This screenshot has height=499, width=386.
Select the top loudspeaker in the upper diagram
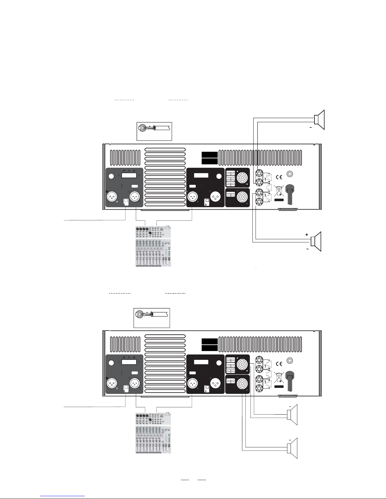[x=319, y=120]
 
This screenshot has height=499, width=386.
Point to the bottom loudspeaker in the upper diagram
[x=316, y=241]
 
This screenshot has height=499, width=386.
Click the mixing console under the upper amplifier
[x=153, y=247]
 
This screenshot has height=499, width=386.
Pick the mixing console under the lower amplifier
[x=153, y=433]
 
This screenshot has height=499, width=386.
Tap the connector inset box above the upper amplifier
[x=154, y=131]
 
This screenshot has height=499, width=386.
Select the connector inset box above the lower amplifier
[x=152, y=318]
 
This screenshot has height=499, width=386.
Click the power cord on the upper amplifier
[x=290, y=197]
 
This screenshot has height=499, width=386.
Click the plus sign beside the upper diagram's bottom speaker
[x=306, y=235]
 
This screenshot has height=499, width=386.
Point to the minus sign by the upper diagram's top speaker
[x=310, y=128]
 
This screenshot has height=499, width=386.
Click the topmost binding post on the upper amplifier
[x=259, y=173]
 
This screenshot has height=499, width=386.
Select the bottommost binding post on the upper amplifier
[x=259, y=202]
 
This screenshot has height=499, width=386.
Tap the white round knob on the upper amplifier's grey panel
[x=111, y=176]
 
